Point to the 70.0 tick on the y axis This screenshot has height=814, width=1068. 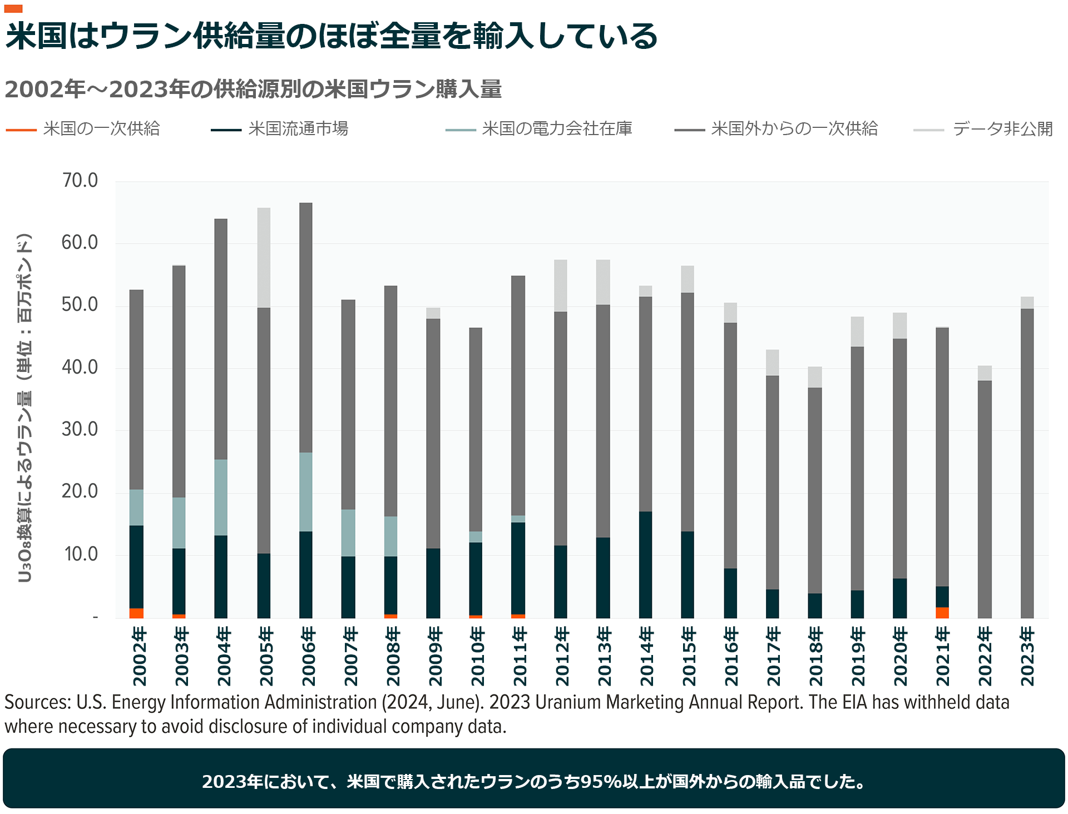(x=80, y=181)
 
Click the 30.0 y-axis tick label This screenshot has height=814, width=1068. (x=80, y=429)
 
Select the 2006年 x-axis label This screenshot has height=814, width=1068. (x=308, y=656)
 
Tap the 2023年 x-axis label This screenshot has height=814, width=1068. (x=1027, y=656)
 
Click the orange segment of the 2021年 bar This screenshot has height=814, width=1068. (x=942, y=613)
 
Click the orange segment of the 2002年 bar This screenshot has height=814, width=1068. (x=136, y=613)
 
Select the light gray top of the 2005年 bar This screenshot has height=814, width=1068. (x=264, y=258)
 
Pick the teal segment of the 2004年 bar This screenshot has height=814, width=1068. (x=221, y=498)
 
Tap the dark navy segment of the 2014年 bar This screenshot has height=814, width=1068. (x=645, y=564)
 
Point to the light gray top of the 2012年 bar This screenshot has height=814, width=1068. (x=561, y=286)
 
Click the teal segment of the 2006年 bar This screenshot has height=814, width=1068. (x=306, y=492)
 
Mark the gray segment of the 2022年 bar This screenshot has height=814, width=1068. (x=985, y=499)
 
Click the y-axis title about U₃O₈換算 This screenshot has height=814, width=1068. (x=24, y=409)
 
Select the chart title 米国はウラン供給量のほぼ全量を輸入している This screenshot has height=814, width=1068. (x=332, y=36)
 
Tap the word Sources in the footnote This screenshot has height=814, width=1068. (x=37, y=703)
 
